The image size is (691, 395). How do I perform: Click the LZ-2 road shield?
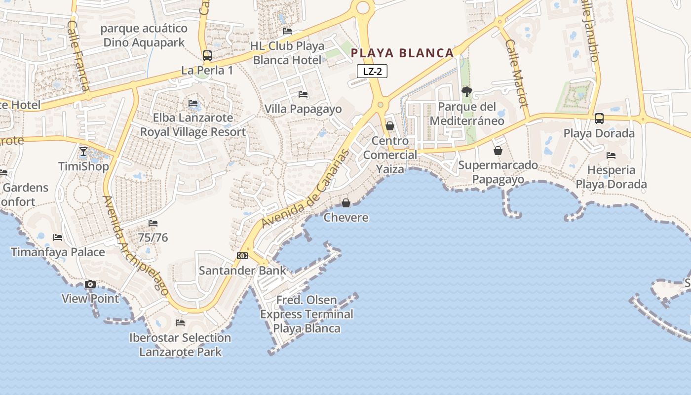[x=372, y=71]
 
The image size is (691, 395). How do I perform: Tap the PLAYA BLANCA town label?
[x=402, y=53]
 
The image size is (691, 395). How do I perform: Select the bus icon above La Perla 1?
[x=207, y=56]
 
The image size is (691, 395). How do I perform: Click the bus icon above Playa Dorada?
[x=599, y=118]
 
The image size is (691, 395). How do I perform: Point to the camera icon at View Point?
[x=90, y=284]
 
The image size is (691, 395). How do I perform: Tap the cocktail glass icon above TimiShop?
[x=83, y=151]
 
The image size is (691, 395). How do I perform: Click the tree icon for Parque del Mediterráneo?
[x=466, y=92]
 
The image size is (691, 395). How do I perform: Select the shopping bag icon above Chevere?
[x=346, y=203]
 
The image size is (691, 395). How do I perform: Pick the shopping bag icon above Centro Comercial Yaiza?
[x=390, y=126]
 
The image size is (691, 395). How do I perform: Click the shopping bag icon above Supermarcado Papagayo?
[x=498, y=150]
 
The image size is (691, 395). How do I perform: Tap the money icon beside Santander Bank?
[x=242, y=255]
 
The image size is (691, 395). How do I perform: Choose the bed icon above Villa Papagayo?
[x=303, y=94]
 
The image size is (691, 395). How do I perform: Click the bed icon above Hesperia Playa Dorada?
[x=611, y=156]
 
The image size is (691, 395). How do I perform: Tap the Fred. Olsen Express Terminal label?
[x=307, y=314]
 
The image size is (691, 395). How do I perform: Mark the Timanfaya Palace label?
[x=58, y=252]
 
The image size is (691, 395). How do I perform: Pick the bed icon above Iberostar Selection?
[x=180, y=323]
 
